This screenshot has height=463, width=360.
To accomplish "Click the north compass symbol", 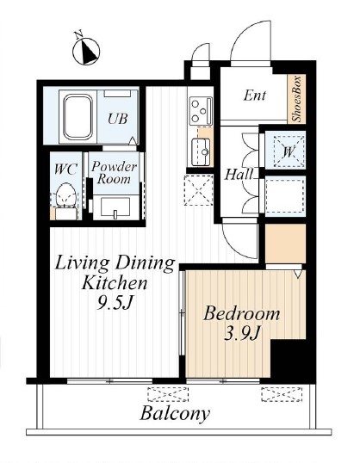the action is tap(86, 50).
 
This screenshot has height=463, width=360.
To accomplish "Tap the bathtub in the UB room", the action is tap(78, 117).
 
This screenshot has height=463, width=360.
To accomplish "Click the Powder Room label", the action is tap(114, 173).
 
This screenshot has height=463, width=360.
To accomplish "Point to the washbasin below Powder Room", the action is tap(115, 207).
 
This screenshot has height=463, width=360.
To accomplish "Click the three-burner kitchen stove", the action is tap(202, 111).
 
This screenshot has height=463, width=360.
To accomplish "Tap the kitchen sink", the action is tap(201, 151).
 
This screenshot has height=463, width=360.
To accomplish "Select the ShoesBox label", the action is tap(297, 99).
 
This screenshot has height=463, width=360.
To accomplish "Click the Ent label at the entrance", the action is tap(254, 96).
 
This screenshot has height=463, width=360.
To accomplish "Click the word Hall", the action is tap(239, 175).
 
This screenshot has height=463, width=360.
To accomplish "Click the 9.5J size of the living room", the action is tap(114, 302).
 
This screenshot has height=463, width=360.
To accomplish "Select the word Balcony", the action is tap(175, 414).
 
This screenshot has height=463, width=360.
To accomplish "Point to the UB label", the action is tap(118, 119).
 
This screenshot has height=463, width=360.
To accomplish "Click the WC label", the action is tap(65, 170).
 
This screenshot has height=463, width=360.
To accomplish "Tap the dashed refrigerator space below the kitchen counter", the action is tap(198, 190).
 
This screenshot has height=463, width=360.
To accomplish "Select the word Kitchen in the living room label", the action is tap(115, 282).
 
